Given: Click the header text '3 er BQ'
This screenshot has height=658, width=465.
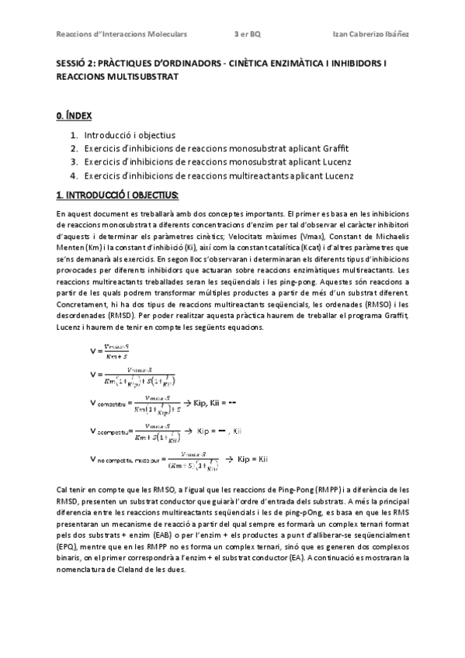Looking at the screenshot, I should tap(248, 33).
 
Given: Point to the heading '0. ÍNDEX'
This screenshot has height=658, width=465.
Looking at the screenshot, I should tap(74, 116).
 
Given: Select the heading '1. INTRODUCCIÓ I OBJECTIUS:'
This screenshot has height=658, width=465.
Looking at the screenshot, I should tap(117, 193).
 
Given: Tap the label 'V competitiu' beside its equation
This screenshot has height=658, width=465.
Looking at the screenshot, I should tap(112, 404).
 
